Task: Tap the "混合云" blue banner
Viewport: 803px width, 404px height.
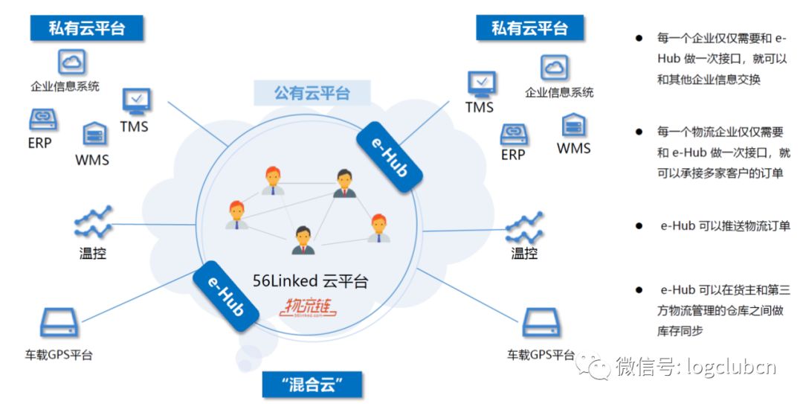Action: tap(312, 385)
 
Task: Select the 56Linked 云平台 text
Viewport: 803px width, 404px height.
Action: tap(310, 280)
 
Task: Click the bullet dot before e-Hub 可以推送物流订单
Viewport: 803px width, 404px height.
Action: tap(638, 225)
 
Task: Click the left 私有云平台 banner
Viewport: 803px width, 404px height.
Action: tap(87, 28)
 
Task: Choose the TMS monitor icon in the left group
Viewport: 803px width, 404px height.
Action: tap(136, 100)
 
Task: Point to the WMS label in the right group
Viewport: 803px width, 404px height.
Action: tap(573, 148)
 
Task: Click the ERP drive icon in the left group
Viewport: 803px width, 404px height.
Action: tap(44, 119)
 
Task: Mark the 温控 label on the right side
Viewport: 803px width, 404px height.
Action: tap(524, 253)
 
